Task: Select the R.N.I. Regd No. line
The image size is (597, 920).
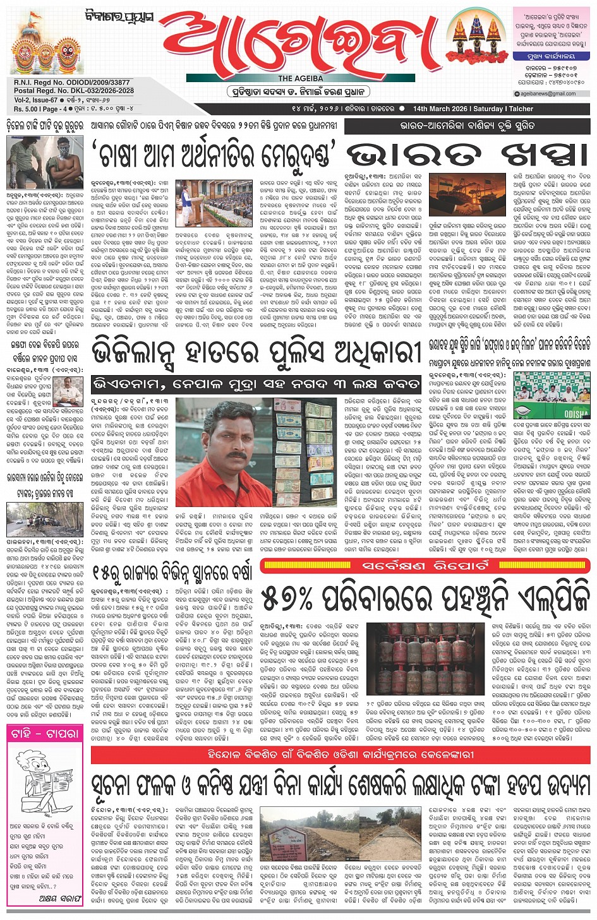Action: coord(71,83)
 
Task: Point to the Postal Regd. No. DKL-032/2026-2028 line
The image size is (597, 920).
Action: coord(73,90)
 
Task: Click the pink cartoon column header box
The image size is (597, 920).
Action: coord(45,734)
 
